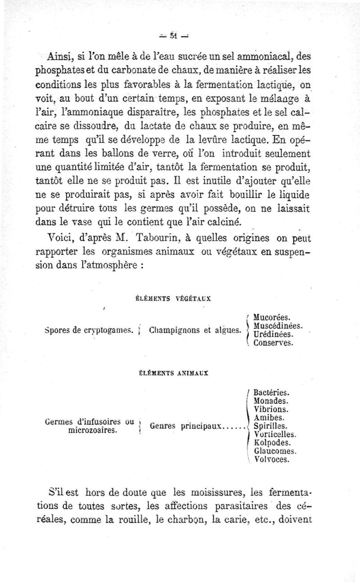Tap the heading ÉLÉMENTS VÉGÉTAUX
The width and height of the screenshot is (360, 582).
174,297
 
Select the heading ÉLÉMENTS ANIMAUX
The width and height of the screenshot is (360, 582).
174,372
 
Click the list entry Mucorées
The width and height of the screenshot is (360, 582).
271,318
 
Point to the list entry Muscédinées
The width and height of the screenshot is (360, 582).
277,326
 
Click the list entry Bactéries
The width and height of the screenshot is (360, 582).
271,392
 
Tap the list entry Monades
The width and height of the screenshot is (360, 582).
271,401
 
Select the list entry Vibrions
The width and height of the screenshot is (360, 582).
271,409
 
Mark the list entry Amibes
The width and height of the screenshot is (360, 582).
268,418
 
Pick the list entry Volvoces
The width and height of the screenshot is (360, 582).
272,460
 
